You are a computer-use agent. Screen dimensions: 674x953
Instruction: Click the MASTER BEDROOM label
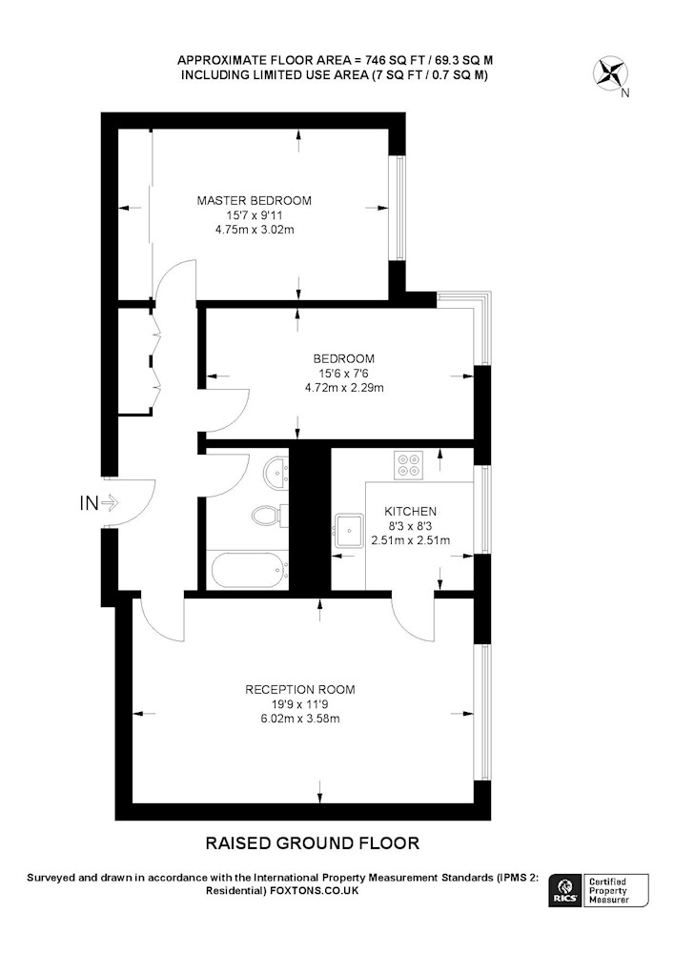pyautogui.click(x=254, y=200)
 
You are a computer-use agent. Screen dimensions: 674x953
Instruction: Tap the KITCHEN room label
pyautogui.click(x=410, y=512)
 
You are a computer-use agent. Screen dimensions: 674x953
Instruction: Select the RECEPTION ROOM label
pyautogui.click(x=300, y=690)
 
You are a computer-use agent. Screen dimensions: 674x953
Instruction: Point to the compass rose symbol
pyautogui.click(x=609, y=73)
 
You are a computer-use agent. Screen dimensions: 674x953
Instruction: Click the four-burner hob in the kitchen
pyautogui.click(x=408, y=466)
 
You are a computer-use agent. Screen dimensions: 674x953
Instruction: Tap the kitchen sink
pyautogui.click(x=348, y=531)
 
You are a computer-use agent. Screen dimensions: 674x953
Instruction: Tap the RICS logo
pyautogui.click(x=565, y=891)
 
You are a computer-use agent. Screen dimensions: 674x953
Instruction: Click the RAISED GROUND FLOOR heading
pyautogui.click(x=313, y=843)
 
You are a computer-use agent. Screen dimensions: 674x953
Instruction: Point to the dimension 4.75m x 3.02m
pyautogui.click(x=255, y=230)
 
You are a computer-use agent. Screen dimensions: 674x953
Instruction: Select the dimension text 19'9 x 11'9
pyautogui.click(x=300, y=704)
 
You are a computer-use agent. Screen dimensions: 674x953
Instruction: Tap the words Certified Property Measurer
pyautogui.click(x=608, y=890)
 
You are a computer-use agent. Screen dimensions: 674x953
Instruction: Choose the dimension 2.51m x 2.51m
pyautogui.click(x=410, y=540)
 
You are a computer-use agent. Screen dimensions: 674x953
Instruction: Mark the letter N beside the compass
pyautogui.click(x=625, y=93)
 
